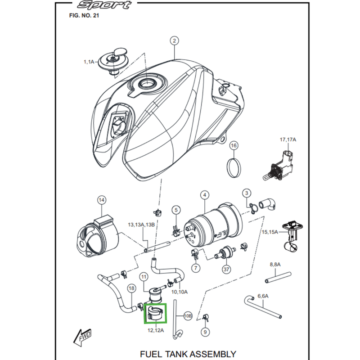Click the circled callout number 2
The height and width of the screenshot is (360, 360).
(x=175, y=41)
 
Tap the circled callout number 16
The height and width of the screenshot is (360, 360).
(x=234, y=145)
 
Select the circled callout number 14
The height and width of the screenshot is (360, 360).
(x=102, y=199)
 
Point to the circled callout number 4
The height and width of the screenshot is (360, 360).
(x=204, y=195)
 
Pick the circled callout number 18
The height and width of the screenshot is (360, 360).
(x=131, y=288)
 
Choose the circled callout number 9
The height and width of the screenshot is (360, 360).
(x=205, y=332)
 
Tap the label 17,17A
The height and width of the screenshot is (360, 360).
(x=288, y=140)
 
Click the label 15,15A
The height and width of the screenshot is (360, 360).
(x=270, y=232)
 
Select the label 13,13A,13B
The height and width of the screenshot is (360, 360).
(x=141, y=225)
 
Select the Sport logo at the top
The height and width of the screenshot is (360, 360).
(x=104, y=5)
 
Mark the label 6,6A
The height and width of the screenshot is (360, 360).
(x=263, y=296)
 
